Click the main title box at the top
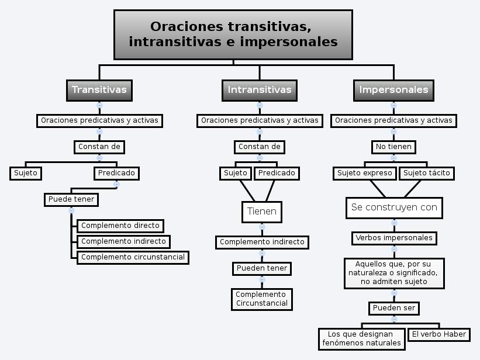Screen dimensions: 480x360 point(233,34)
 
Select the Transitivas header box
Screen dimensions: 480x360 point(99,91)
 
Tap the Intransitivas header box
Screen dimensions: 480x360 point(260,91)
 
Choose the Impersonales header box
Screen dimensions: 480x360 point(393,91)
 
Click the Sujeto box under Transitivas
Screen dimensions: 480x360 point(26,173)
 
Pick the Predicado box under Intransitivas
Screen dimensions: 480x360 point(277,173)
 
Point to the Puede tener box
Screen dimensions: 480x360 point(71,200)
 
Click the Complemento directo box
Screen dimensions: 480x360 point(120,226)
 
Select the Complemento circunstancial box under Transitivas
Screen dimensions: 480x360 point(133,258)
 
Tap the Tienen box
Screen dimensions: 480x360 point(262,212)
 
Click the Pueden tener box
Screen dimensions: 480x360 point(262,268)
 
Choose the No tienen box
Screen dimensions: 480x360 point(393,147)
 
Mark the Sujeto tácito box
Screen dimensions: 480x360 point(427,173)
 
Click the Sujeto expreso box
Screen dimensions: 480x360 point(365,173)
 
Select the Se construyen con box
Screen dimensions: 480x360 point(394,208)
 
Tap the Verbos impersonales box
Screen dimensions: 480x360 point(394,238)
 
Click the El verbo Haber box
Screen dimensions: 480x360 point(439,334)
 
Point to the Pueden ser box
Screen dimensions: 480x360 point(394,308)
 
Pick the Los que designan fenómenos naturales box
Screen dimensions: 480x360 point(361,339)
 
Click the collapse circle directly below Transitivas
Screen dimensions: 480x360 point(99,105)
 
